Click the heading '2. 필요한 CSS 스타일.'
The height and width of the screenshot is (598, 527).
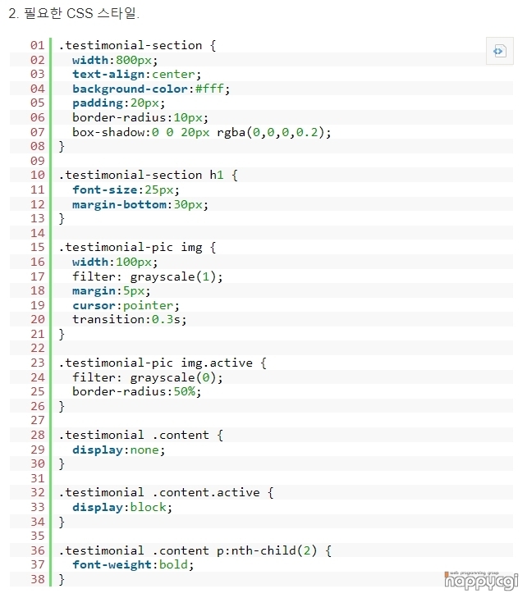pos(74,14)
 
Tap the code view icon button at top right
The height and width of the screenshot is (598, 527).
pos(499,51)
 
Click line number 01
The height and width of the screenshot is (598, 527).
pos(37,45)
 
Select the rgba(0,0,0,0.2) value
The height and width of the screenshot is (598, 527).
pos(273,132)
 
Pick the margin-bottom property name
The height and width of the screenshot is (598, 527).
pos(118,204)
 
